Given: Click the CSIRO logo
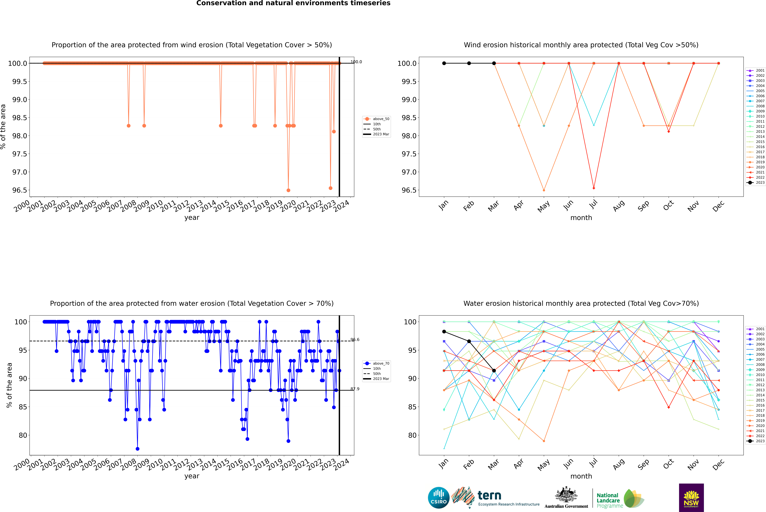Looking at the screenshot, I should (x=439, y=498).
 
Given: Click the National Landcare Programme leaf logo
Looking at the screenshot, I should (x=633, y=499).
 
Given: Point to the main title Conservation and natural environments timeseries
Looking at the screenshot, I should (x=293, y=3).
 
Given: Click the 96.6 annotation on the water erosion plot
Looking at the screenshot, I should (x=355, y=340).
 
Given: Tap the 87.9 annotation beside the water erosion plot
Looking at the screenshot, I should (x=355, y=389).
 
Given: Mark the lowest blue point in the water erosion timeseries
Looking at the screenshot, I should (x=137, y=449).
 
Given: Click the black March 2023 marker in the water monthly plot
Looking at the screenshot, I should (x=494, y=371).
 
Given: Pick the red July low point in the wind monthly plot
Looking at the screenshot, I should (x=594, y=188).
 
